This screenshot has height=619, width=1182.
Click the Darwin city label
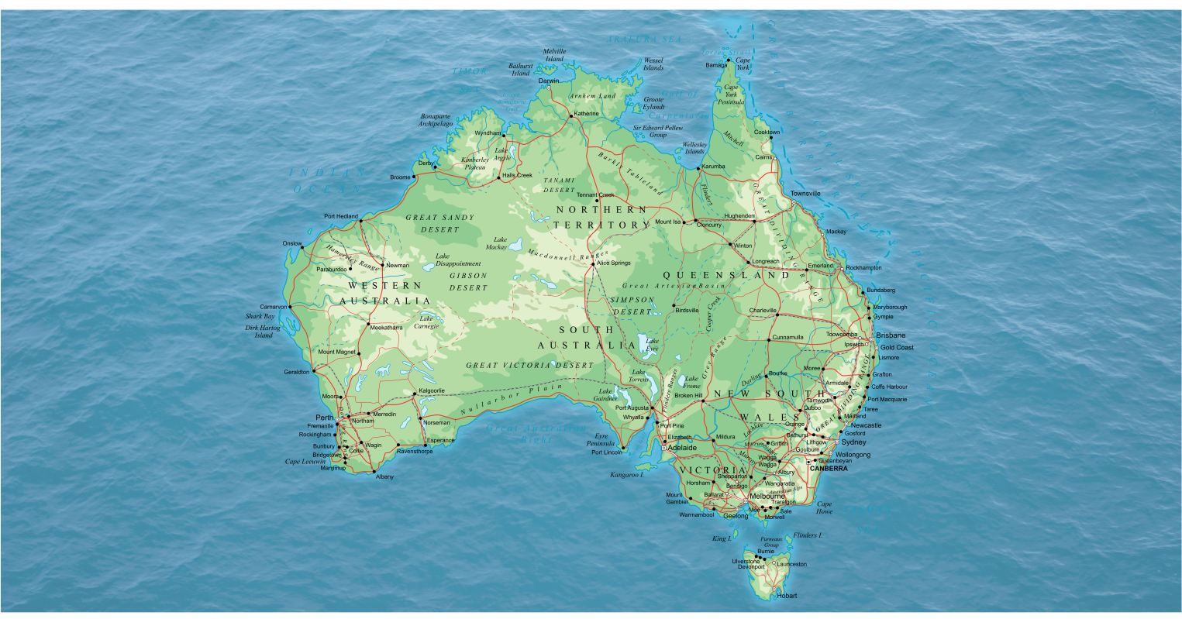click(x=549, y=81)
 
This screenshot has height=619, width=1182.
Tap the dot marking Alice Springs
click(x=593, y=263)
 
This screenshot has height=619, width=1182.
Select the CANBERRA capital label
click(x=827, y=469)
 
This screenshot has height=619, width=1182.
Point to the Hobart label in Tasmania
click(x=786, y=596)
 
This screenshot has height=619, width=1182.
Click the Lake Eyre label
click(x=652, y=345)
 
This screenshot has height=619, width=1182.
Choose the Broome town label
click(x=400, y=177)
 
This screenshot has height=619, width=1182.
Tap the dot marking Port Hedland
click(x=360, y=221)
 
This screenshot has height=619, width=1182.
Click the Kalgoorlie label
click(x=432, y=391)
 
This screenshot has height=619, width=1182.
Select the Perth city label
click(x=324, y=418)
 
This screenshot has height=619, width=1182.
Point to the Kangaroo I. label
click(x=627, y=474)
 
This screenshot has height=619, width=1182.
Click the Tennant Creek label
click(x=594, y=194)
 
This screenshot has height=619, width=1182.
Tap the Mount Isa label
click(x=667, y=222)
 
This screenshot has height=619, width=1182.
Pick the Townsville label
click(x=805, y=194)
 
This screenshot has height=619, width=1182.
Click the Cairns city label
click(x=764, y=157)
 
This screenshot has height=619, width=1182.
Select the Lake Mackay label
click(x=496, y=244)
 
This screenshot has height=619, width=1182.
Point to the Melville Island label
click(x=554, y=55)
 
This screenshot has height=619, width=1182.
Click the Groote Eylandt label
click(x=653, y=103)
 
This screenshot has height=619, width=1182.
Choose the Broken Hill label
click(x=688, y=396)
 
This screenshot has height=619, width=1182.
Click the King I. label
click(x=722, y=538)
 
